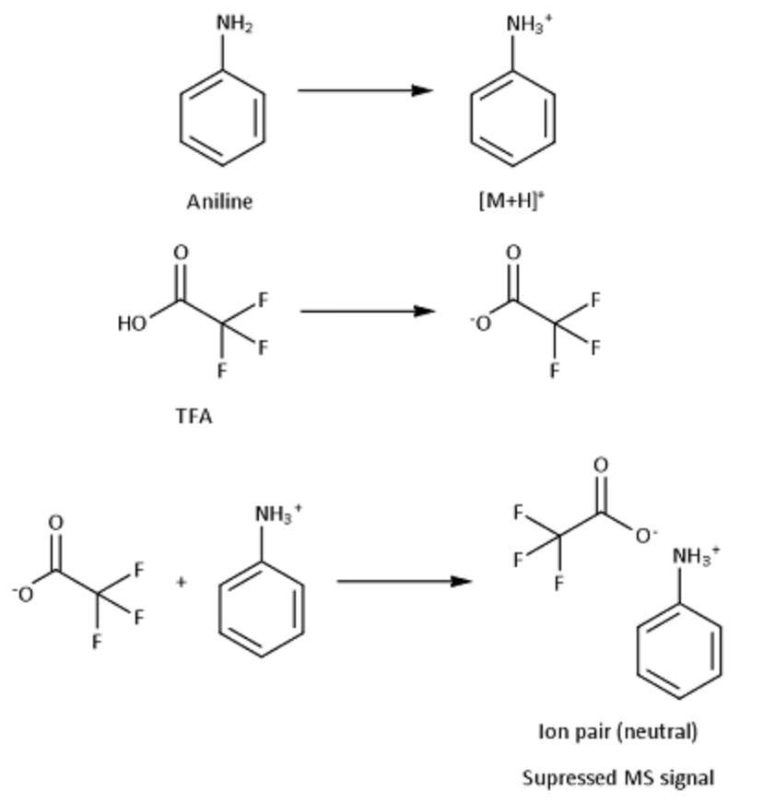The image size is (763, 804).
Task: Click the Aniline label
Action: coord(219,202)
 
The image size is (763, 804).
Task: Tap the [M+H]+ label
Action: coord(511,202)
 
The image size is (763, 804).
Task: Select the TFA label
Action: coord(194,416)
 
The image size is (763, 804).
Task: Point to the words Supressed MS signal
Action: coord(617,777)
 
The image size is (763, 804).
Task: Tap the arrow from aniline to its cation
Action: coord(365,90)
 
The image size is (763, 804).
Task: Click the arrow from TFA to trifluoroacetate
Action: coord(367,311)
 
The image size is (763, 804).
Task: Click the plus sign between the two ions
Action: coord(182,582)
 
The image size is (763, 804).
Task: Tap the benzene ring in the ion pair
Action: coord(679,652)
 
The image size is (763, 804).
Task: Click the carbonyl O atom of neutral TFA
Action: coord(180,252)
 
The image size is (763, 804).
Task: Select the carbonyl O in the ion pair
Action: coord(600,466)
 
